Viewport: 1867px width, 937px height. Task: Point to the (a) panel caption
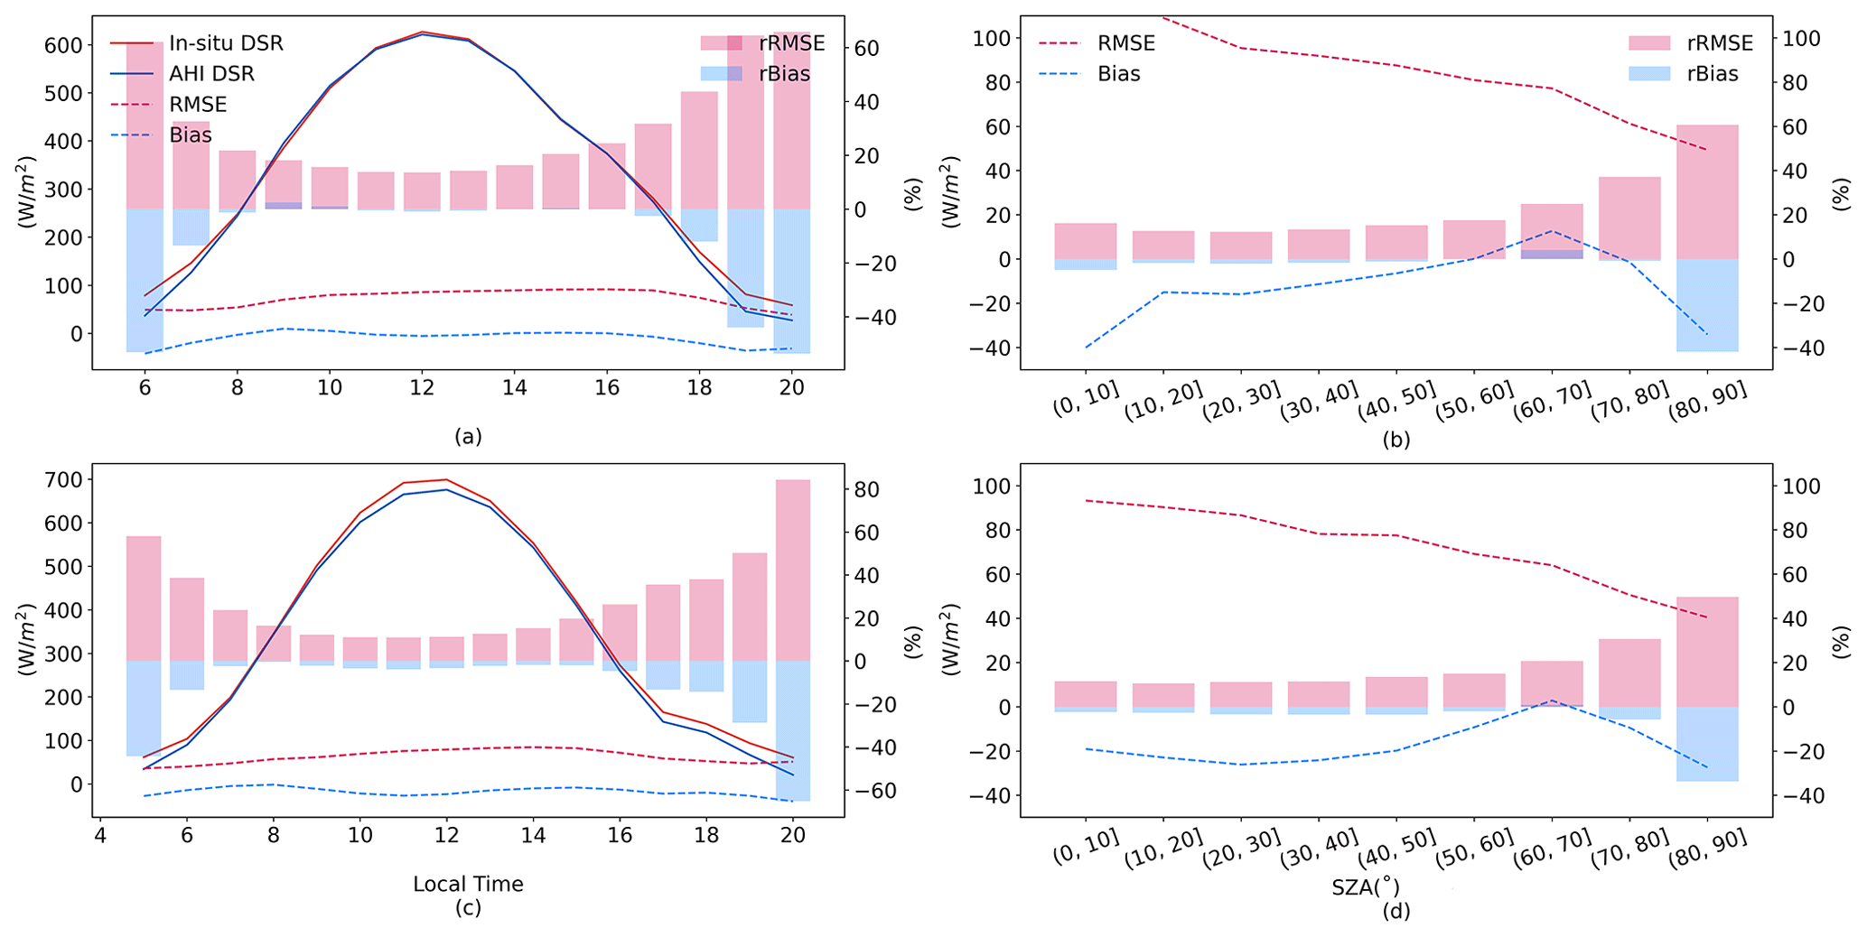tap(468, 437)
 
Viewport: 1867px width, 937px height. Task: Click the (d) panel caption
tap(1396, 912)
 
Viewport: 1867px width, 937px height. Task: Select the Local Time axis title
tap(468, 885)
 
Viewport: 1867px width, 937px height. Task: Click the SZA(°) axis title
tap(1366, 887)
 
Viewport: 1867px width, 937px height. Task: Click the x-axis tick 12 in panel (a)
tap(422, 388)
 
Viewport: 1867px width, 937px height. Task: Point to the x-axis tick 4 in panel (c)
tap(100, 836)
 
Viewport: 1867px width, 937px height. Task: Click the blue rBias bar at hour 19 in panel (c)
tap(750, 691)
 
